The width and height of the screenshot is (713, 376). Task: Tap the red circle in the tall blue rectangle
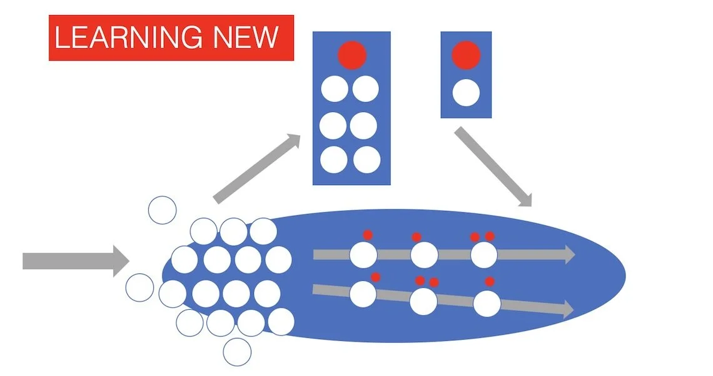point(351,55)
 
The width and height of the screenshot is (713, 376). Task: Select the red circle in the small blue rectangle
point(466,54)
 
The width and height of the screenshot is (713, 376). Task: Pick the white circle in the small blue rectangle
point(466,92)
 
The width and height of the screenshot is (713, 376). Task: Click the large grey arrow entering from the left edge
point(75,260)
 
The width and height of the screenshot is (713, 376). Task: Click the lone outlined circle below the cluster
point(237,352)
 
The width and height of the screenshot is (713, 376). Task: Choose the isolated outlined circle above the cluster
point(163,210)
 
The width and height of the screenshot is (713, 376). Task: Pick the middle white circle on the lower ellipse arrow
point(423,302)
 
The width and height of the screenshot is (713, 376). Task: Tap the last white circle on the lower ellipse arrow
point(487,303)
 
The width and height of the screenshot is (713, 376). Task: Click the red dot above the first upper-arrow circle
point(368,235)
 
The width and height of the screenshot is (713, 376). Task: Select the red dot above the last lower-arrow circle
point(490,282)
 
